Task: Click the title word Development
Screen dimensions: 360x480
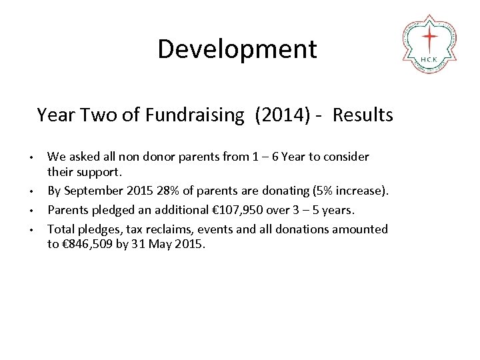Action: tap(237, 49)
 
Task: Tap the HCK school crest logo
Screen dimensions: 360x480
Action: tap(430, 43)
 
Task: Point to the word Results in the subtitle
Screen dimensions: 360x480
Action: tap(363, 115)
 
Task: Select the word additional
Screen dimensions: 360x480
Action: tap(179, 211)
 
